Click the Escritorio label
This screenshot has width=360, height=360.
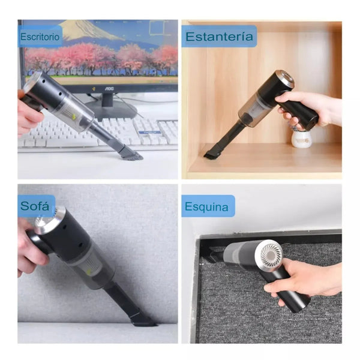pos(40,37)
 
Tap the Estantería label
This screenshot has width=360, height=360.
pos(219,37)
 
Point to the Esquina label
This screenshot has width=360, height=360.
pos(208,207)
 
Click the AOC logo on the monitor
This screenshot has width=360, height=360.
pos(109,88)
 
